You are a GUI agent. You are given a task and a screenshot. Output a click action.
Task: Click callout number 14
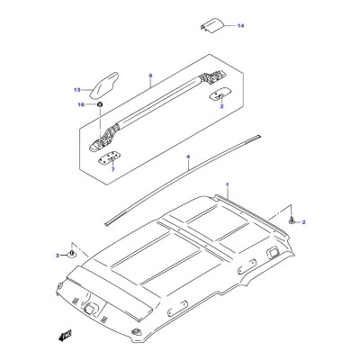[240, 26]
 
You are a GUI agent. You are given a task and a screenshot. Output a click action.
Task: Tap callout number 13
[77, 90]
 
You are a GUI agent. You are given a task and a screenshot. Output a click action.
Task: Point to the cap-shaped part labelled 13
[104, 85]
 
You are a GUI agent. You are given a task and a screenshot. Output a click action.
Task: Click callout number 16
[81, 104]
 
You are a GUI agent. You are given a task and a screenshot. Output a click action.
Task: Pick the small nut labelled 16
[100, 104]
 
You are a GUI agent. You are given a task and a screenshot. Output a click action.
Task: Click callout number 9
[150, 76]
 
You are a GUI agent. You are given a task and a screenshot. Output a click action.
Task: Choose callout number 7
[112, 170]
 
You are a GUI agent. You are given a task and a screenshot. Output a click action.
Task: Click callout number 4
[188, 157]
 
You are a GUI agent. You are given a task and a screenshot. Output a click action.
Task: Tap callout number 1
[228, 184]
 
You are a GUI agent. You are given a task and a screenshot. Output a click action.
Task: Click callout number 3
[58, 256]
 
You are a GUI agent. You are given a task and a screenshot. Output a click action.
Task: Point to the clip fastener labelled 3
[72, 254]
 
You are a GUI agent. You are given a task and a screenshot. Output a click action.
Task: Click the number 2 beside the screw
[303, 222]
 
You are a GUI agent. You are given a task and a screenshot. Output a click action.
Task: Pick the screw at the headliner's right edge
[292, 220]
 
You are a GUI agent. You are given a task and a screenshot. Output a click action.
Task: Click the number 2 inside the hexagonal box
[221, 106]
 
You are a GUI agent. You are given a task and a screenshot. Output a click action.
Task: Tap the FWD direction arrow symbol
[65, 336]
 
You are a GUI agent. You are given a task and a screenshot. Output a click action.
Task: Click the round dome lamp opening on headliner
[90, 309]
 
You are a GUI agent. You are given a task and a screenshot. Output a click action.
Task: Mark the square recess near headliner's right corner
[273, 251]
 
